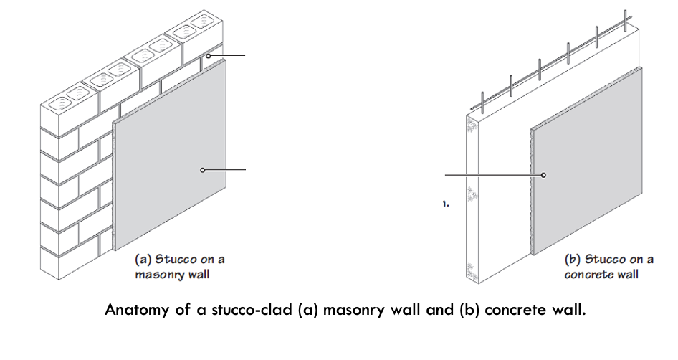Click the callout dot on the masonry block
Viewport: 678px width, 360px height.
pos(209,55)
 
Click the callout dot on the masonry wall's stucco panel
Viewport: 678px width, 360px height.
pos(203,170)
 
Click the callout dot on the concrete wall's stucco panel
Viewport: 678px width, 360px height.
pos(543,175)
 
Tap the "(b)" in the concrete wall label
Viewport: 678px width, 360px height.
pos(573,259)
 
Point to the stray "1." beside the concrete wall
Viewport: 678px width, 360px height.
pos(446,204)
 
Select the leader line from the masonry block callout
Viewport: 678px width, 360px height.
pos(229,55)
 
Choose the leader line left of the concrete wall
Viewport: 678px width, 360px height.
pos(491,175)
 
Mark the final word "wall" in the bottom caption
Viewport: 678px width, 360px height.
pos(568,311)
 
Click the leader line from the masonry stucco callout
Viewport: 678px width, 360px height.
pos(226,170)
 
